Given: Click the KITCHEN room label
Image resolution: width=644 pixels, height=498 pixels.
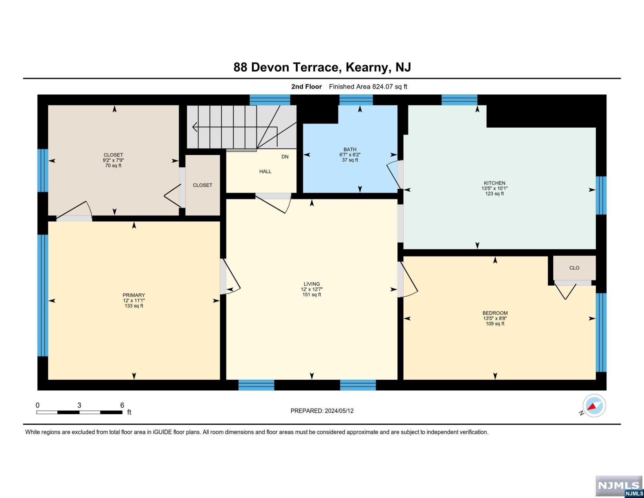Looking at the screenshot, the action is tap(494, 183).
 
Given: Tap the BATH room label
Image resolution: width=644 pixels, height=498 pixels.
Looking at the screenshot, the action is tap(350, 149).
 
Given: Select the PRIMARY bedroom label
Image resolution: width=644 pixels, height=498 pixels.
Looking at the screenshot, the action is tap(134, 295).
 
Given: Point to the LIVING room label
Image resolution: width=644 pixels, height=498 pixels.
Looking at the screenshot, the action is tap(312, 284).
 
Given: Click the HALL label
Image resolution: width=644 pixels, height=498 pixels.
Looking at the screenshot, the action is tap(265, 172).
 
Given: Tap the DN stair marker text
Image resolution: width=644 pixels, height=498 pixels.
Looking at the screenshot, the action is tap(285, 157).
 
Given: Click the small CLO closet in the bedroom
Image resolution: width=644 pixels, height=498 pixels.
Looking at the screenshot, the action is tap(574, 268).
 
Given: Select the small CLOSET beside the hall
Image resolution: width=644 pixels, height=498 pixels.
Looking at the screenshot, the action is tap(202, 185).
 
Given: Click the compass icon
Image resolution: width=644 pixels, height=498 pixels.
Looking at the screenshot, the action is tap(594, 406).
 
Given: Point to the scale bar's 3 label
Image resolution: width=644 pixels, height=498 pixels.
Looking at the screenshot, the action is tap(79, 405).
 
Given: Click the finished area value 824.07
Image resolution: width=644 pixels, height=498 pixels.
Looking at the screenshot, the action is tap(383, 87).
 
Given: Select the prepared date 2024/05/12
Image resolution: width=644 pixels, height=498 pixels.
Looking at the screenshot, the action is tap(339, 411).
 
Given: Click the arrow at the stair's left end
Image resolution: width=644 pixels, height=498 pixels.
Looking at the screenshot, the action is tap(195, 127).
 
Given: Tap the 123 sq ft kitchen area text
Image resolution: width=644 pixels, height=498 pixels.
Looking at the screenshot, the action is tap(494, 194).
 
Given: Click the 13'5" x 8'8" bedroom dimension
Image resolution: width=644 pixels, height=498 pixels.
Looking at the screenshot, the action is tap(495, 318).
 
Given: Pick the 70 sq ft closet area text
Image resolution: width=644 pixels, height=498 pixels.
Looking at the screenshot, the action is tap(113, 166).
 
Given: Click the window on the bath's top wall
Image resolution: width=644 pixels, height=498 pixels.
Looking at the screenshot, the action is tap(356, 100).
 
